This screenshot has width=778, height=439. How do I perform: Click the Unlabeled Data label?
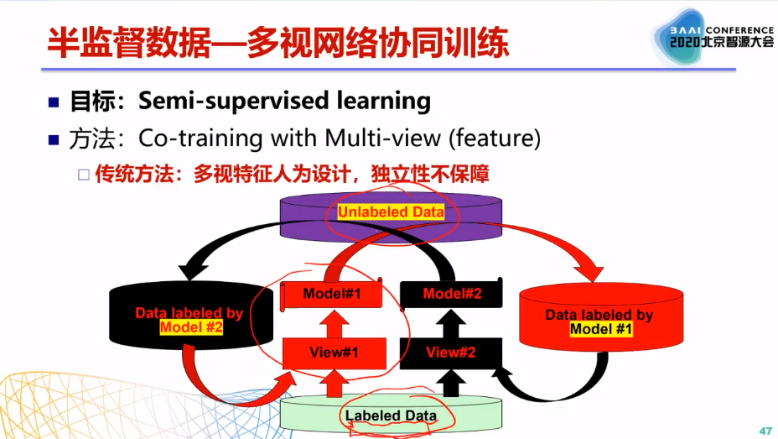coord(391,212)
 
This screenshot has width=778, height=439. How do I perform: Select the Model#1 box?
coord(331,294)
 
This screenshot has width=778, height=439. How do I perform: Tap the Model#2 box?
coord(451,294)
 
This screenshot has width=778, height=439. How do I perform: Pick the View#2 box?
coord(451,353)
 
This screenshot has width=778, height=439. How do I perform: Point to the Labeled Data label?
coord(391,415)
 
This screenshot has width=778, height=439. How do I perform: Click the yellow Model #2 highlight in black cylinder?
coord(190,327)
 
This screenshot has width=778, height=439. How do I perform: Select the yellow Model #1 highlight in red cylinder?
coord(600,329)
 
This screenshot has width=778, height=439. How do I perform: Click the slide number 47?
coord(765,430)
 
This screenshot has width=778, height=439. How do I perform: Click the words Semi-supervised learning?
coord(284,102)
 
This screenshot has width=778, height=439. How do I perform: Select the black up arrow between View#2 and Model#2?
coord(451,323)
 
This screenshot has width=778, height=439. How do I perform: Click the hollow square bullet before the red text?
coord(84,175)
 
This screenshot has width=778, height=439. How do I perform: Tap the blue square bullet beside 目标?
coord(54,102)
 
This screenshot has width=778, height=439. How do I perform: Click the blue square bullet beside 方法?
coord(54,138)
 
